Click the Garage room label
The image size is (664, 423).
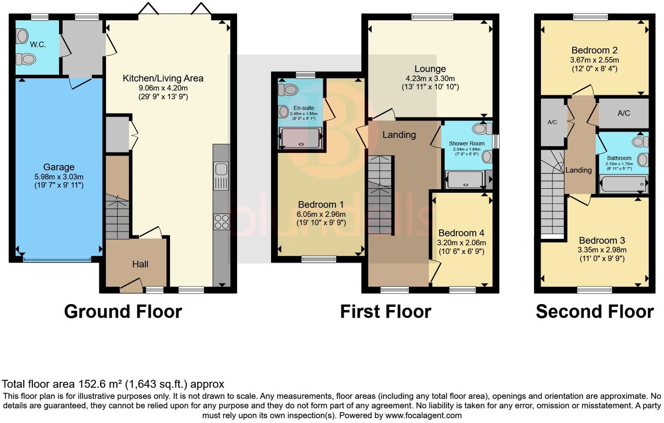[59, 167]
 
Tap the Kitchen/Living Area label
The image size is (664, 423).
[163, 78]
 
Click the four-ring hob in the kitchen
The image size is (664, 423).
[221, 222]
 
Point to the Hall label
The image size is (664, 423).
[140, 264]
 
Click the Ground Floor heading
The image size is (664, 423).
[123, 312]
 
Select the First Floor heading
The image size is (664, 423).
[385, 312]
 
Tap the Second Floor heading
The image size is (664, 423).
[595, 312]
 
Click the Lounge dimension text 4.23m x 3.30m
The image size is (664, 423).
[430, 79]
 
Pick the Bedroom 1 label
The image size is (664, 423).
[321, 205]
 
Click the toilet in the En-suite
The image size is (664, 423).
[288, 90]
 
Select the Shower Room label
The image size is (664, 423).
[467, 143]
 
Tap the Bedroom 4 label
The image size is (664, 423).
[461, 233]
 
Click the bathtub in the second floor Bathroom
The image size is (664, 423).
[623, 184]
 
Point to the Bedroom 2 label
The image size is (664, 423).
[594, 50]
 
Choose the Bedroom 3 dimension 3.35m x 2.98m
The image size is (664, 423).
[602, 250]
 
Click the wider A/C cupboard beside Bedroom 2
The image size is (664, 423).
[623, 113]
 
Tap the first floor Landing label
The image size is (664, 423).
[399, 135]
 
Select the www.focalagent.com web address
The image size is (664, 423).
[423, 416]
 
